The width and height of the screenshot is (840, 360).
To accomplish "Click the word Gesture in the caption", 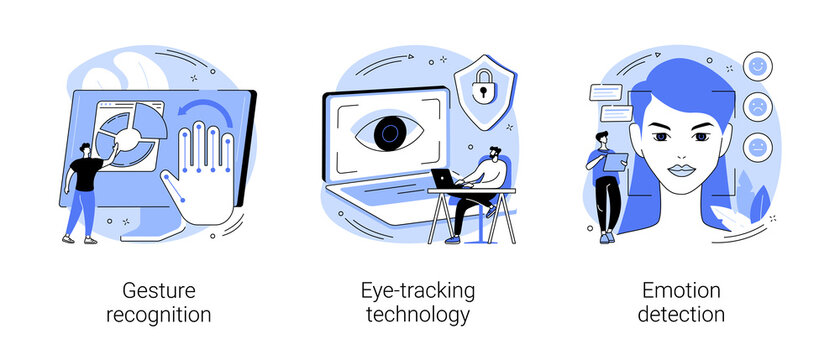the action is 159,292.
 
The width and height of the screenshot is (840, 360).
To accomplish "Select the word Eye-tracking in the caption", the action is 418,292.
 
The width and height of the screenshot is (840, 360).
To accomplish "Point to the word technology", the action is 418,316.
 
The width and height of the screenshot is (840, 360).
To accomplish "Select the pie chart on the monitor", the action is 128,134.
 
